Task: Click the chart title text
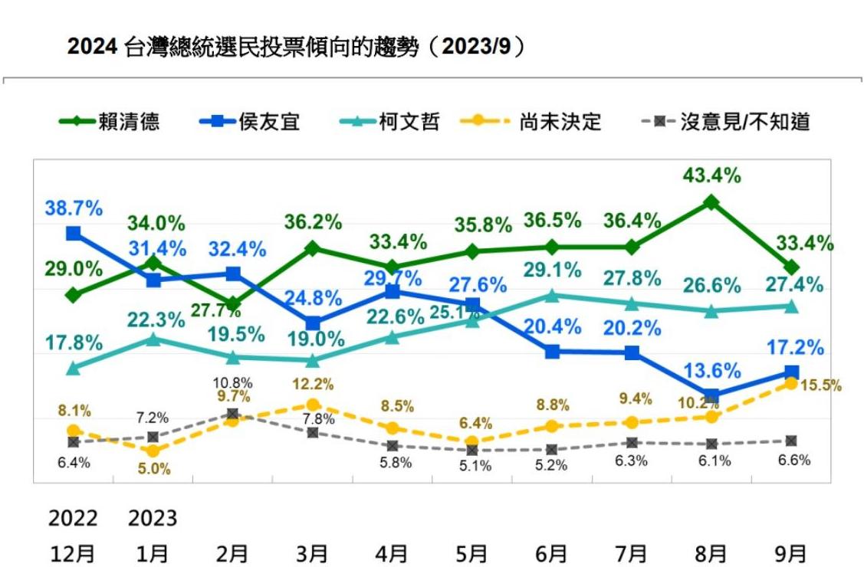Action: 298,47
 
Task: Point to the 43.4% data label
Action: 712,176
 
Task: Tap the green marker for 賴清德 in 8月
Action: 711,202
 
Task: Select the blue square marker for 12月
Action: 74,233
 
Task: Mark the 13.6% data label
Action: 712,372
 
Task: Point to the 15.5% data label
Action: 820,385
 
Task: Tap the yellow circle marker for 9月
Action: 791,383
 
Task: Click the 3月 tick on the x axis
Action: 312,552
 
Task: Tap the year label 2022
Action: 73,519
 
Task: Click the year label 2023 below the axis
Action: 153,519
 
